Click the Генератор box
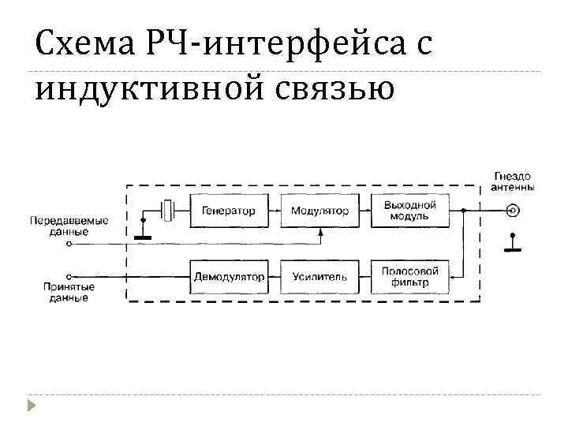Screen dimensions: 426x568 [x=229, y=211]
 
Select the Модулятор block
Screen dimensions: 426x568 [x=319, y=211]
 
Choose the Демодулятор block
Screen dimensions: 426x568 [x=229, y=277]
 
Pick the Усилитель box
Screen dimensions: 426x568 [x=319, y=277]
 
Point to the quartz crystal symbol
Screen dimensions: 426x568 [x=167, y=211]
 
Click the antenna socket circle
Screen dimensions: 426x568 [x=513, y=211]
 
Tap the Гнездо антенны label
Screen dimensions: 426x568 [x=513, y=181]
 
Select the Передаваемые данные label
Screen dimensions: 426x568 [x=69, y=226]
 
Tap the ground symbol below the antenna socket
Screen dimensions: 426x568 [x=513, y=245]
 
